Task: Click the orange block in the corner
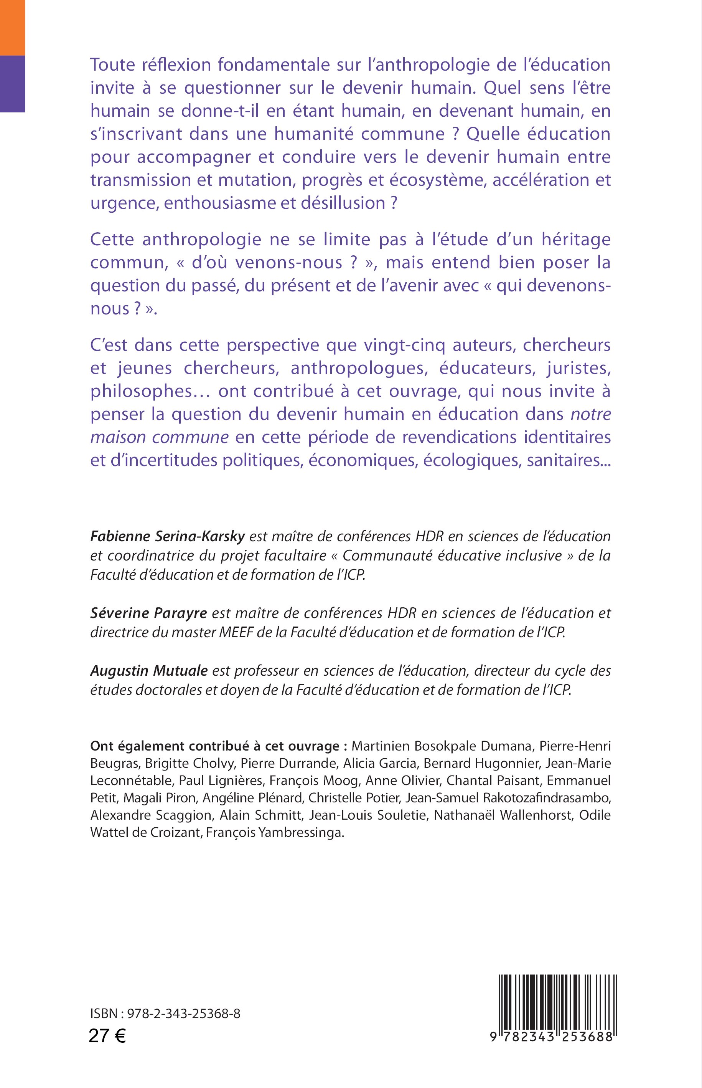(12, 27)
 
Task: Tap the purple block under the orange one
(12, 83)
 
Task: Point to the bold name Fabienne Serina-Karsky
(168, 536)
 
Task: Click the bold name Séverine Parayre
(148, 613)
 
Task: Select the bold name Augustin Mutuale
(149, 671)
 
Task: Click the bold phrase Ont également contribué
(170, 746)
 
